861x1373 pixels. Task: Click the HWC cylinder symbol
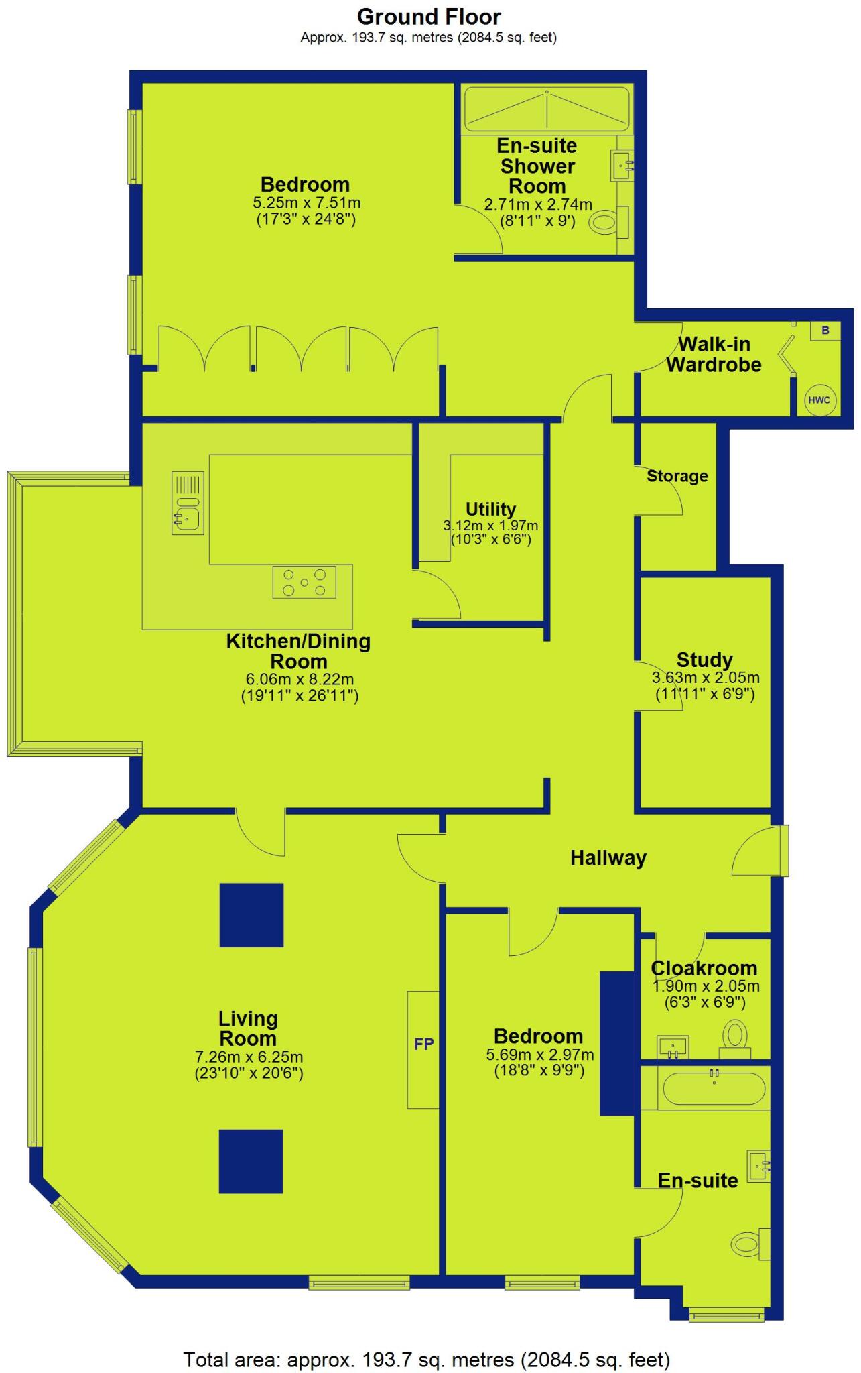point(819,400)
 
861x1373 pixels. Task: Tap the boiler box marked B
point(825,331)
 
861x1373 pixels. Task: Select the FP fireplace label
point(423,1044)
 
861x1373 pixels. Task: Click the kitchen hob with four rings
point(304,582)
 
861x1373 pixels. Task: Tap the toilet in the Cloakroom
point(735,1036)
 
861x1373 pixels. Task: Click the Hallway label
point(608,858)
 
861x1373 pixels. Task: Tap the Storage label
point(677,476)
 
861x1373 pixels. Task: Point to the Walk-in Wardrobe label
point(714,355)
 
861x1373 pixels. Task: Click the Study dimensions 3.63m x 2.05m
point(706,678)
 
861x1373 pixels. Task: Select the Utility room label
point(490,509)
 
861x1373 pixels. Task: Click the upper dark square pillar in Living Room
point(251,915)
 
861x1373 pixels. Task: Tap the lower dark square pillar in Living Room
point(251,1161)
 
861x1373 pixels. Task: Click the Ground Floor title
point(429,17)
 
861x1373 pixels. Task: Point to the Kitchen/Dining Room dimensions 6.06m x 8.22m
point(299,679)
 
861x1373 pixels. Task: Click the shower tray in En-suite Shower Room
point(547,109)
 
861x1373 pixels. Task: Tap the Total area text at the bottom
point(427,1360)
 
